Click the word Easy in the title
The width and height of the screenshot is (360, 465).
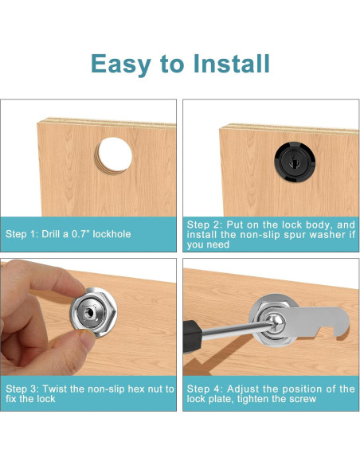coord(121,64)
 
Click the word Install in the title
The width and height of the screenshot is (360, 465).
coord(231,63)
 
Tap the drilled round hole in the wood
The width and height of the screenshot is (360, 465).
coord(115,155)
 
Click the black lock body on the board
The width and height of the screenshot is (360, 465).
coord(295,162)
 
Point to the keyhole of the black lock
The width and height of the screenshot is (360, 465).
coord(295,162)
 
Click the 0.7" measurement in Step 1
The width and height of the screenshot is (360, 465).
coord(81,233)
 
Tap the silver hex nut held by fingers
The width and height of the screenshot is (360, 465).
coord(94,313)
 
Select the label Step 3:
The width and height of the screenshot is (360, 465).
coord(22,389)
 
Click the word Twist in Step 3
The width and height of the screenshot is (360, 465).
coord(55,389)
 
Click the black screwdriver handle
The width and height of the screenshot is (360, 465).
coord(192,337)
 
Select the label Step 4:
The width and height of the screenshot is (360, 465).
coord(204,389)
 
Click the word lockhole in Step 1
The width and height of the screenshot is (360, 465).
coord(112,233)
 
